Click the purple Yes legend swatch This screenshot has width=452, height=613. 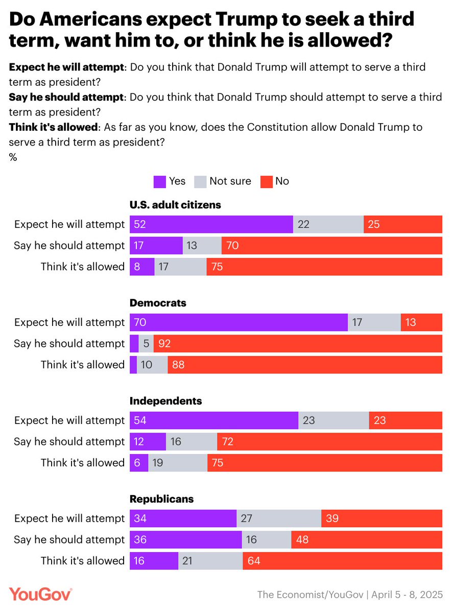[160, 181]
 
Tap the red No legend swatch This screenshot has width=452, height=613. [267, 181]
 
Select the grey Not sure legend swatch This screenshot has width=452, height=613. [201, 181]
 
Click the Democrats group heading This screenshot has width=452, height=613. [158, 303]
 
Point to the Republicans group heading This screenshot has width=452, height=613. [161, 499]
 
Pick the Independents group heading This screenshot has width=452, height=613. [166, 401]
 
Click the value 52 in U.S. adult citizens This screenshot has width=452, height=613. [139, 224]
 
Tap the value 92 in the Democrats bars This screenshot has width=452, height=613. [164, 344]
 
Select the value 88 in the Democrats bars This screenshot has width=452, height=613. [178, 365]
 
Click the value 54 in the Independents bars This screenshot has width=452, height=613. [139, 420]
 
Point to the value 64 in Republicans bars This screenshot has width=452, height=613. [254, 561]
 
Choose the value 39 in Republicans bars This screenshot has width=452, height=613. [332, 519]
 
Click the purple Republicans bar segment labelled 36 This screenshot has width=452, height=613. [185, 540]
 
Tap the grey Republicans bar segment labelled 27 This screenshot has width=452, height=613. [279, 519]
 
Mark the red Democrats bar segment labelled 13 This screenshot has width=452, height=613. [421, 322]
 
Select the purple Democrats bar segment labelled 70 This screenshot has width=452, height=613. [239, 322]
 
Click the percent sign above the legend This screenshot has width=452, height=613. [13, 158]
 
